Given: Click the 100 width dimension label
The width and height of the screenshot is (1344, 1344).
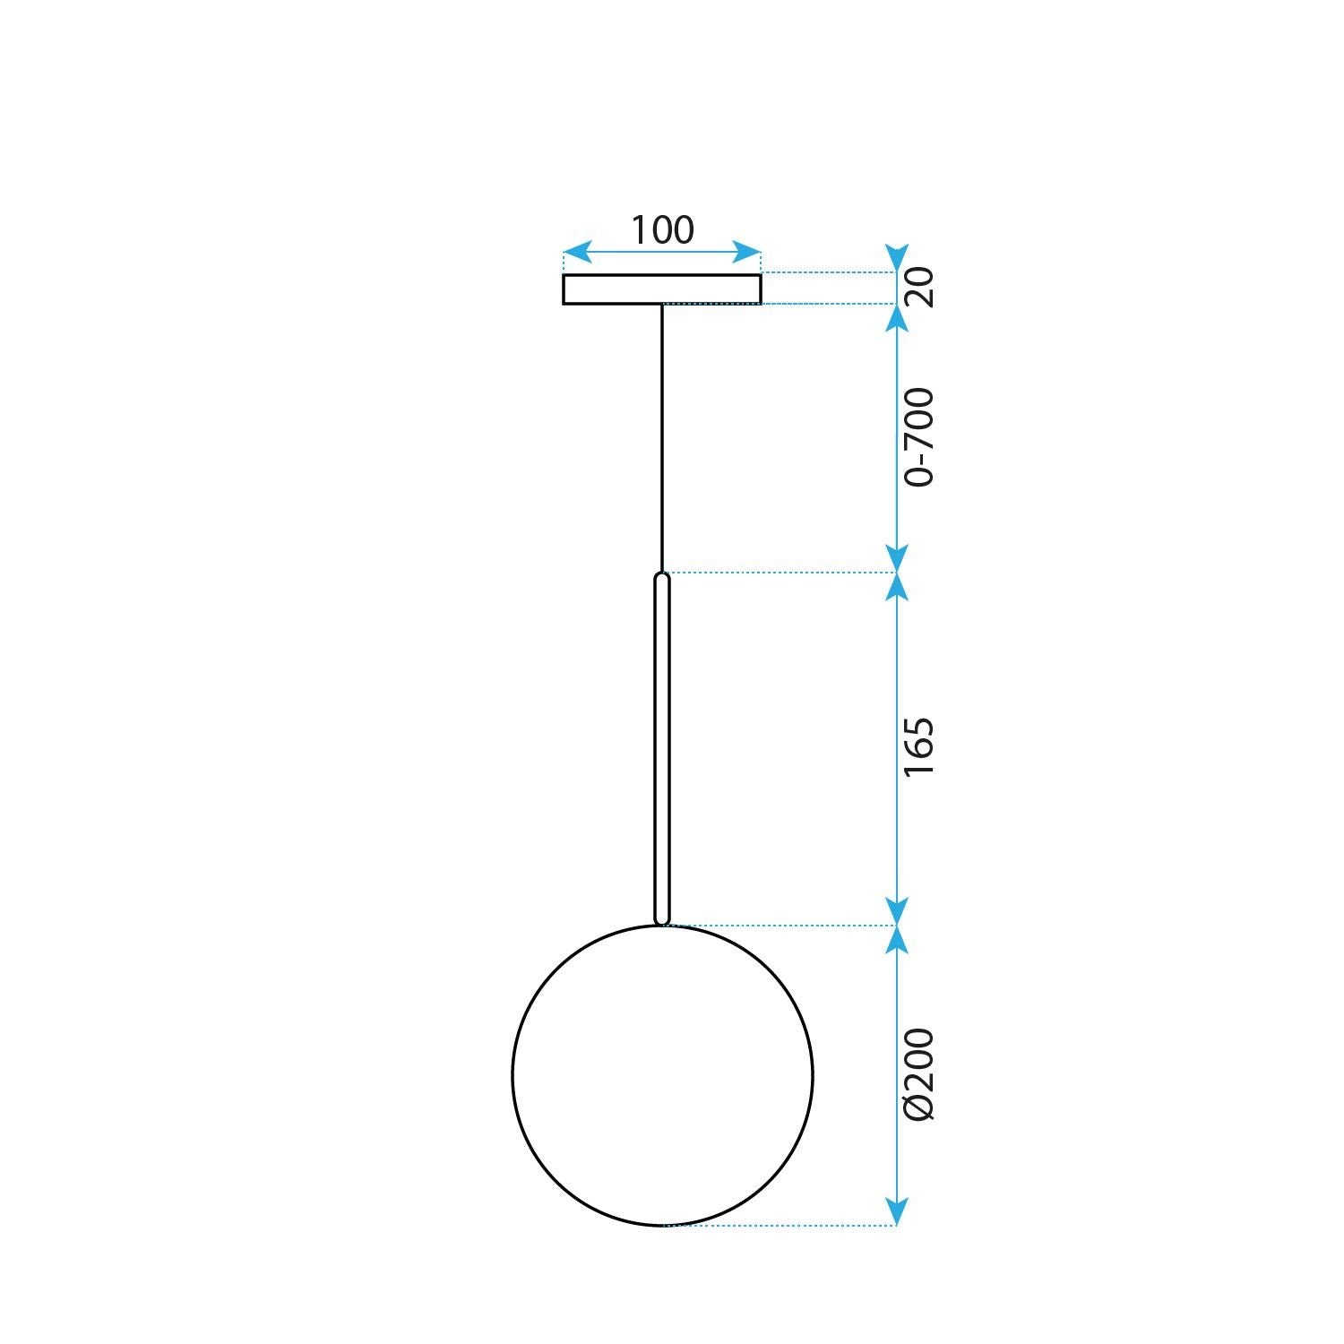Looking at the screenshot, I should pos(662,230).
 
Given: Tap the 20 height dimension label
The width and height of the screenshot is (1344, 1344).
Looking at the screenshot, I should pos(919,288).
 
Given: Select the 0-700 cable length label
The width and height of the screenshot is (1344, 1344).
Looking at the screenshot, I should pos(919,437).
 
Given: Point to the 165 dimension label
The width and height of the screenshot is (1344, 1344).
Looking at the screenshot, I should pos(919,746).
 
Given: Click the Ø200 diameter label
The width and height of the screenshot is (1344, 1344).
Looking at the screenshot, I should pos(919,1074).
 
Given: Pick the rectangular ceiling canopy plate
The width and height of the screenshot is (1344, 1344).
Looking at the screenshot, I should pos(662,289).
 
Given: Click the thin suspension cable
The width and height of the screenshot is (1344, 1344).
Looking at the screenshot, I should pos(662,439).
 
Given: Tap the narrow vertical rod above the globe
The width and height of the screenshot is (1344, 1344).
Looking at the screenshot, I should pos(662,748).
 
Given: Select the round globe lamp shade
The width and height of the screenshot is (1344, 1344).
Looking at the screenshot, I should pos(662,1075).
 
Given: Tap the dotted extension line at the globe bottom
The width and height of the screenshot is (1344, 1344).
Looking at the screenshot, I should pos(780,1225).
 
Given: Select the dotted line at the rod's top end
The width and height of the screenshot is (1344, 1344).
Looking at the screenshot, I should pos(780,573).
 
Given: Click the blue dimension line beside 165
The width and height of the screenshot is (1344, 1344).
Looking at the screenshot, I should pos(897,748).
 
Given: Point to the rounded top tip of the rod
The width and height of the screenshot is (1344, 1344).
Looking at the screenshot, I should pos(662,576).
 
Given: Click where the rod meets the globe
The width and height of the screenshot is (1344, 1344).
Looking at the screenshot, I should pos(662,924).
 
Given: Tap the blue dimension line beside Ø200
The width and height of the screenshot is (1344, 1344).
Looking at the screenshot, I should pos(897,1075).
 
